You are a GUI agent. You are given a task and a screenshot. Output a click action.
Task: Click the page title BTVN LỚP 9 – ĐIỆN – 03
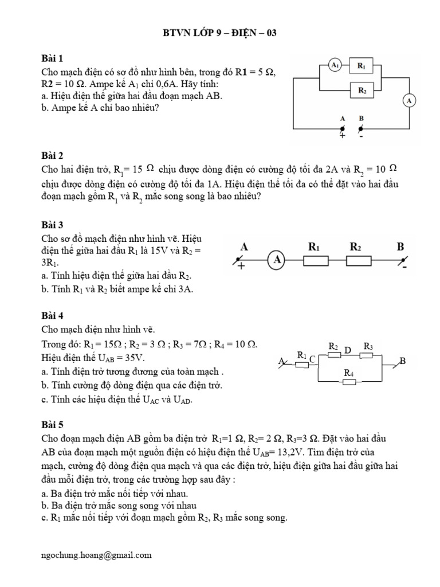pos(220,33)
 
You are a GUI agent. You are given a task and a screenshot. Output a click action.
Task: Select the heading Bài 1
pos(53,58)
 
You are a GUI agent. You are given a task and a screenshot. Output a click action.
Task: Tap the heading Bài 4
pos(53,315)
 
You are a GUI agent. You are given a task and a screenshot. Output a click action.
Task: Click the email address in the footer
pos(97,555)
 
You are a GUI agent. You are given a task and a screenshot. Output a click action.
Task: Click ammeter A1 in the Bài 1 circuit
pos(335,66)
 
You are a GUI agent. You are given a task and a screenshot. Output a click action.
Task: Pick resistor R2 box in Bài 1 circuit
pos(362,90)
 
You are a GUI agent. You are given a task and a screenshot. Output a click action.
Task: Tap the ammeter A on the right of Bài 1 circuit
pos(409,101)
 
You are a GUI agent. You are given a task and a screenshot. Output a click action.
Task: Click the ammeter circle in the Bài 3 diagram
pos(277,260)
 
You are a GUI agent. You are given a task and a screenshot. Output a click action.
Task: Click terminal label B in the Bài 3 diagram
pos(400,246)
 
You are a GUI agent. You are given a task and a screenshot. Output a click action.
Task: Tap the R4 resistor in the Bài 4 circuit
pos(349,381)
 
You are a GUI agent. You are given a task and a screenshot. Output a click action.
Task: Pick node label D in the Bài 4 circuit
pos(348,350)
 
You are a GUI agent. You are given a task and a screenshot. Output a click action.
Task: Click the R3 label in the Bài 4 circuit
pos(368,346)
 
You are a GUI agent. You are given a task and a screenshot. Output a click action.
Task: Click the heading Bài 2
pos(53,155)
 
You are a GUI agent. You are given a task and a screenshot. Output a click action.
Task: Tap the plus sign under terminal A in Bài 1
pos(343,136)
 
